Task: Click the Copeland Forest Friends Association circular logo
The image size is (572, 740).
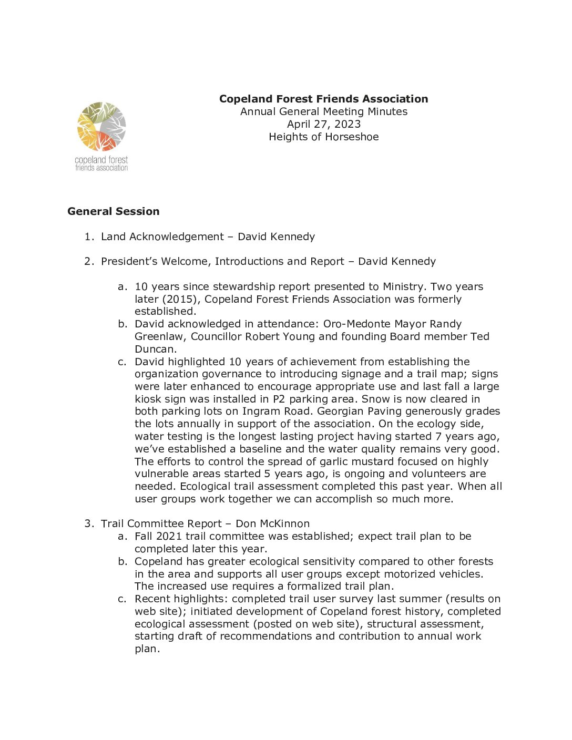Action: tap(101, 127)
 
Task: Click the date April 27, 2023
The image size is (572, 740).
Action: tap(323, 124)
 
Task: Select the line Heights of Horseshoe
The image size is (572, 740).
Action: tap(323, 137)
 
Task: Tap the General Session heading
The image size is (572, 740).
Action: tap(113, 211)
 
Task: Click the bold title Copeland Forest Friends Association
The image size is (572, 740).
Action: tap(323, 99)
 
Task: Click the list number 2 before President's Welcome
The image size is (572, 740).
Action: tap(88, 261)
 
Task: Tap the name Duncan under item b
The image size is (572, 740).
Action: tap(155, 349)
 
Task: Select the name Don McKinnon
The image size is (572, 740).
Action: tap(272, 523)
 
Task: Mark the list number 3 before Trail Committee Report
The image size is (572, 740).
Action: tap(88, 523)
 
